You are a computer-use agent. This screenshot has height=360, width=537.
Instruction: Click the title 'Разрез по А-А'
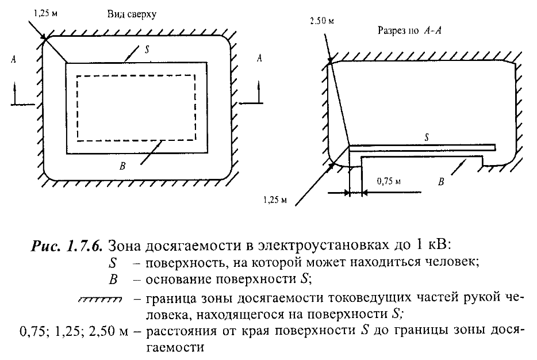pos(409,30)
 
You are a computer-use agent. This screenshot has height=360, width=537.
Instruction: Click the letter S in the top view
pos(148,49)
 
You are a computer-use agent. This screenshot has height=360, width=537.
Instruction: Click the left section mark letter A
pos(13,59)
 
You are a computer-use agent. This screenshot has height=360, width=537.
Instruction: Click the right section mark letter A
pos(260,59)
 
